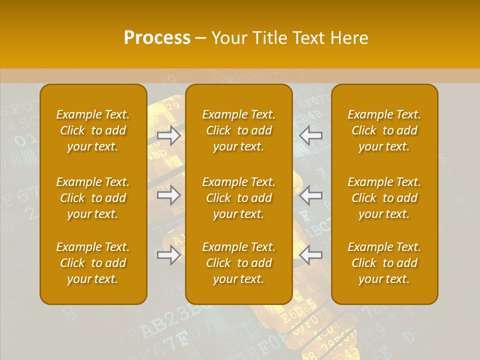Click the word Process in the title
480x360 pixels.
tap(157, 37)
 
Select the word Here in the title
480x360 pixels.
tap(349, 37)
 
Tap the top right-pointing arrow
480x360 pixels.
tap(169, 135)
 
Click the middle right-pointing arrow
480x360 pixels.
tap(169, 195)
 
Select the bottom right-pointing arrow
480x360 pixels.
tap(169, 255)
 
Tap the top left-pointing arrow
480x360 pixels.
tap(311, 135)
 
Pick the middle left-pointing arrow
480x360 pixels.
tap(311, 195)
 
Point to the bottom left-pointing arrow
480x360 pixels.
tap(311, 255)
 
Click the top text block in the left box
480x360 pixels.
tap(93, 130)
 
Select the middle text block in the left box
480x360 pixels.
tap(93, 198)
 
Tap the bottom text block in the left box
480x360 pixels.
tap(93, 263)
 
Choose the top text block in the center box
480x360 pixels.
tap(238, 130)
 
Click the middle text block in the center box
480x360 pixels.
tap(238, 198)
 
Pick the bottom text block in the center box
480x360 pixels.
tap(238, 263)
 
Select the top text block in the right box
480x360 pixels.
tap(384, 130)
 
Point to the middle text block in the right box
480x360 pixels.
tap(384, 198)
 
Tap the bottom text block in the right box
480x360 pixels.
tap(384, 263)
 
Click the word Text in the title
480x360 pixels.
tap(309, 37)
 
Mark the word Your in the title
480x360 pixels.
tap(228, 37)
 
